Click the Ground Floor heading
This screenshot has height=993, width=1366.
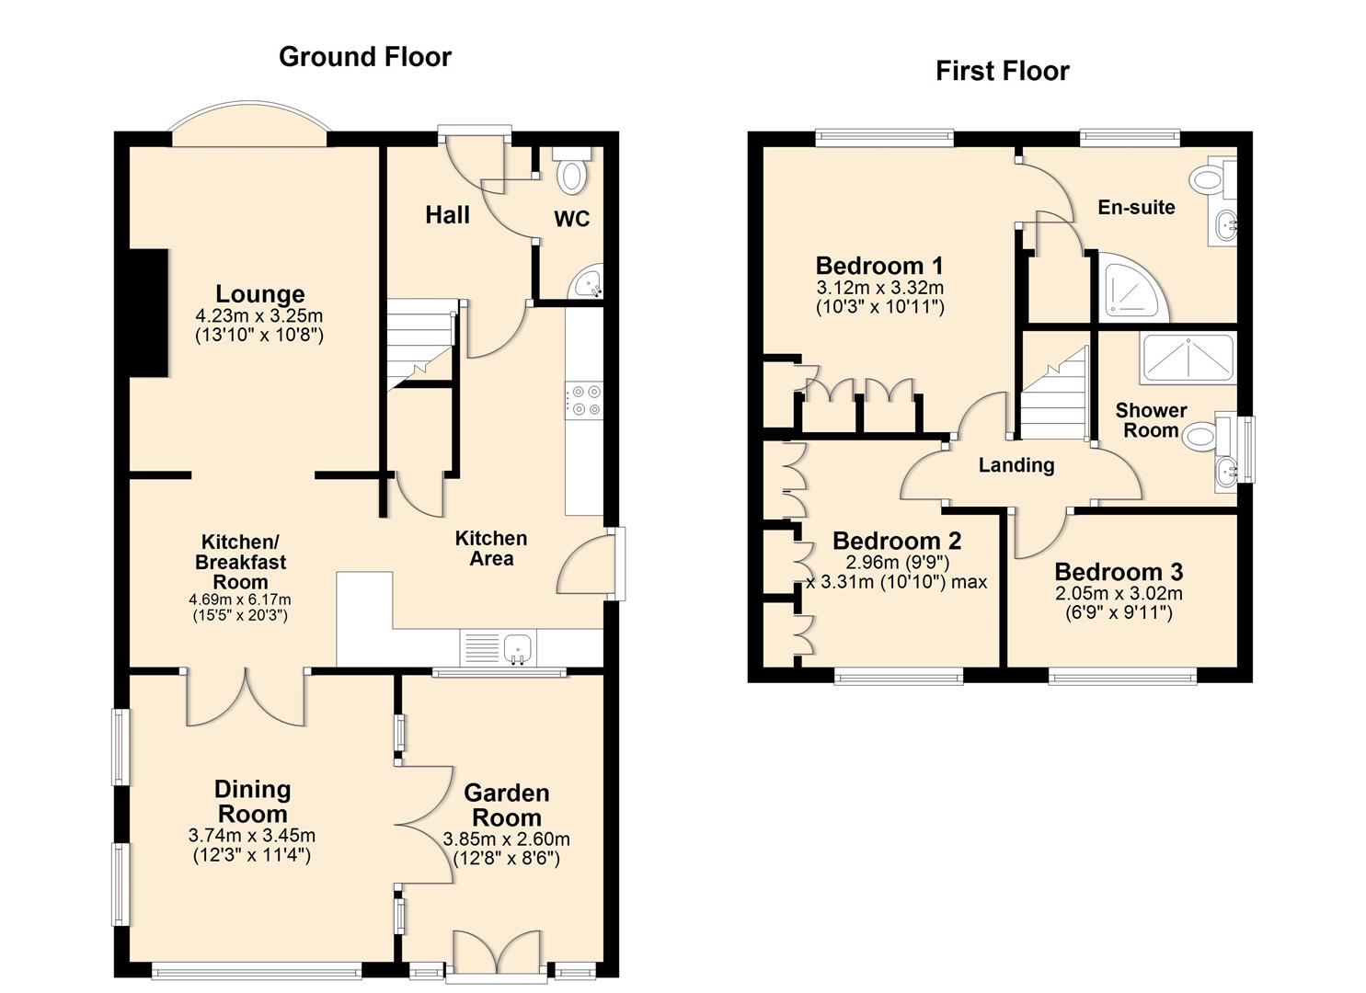(364, 57)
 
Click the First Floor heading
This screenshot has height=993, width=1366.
(1002, 71)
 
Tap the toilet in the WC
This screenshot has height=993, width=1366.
(571, 174)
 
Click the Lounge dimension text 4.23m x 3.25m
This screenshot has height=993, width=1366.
(259, 316)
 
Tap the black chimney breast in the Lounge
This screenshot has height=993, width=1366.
(148, 313)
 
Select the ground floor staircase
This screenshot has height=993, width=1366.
(420, 346)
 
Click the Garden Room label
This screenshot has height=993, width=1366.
(506, 805)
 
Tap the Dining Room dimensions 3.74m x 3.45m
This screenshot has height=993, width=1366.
(251, 836)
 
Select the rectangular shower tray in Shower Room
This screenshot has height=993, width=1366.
(1187, 360)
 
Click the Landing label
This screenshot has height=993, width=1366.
(1016, 465)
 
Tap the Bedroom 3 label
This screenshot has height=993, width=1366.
(1119, 572)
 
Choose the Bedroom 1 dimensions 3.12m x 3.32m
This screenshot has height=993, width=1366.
(879, 288)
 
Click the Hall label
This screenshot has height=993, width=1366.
(447, 215)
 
